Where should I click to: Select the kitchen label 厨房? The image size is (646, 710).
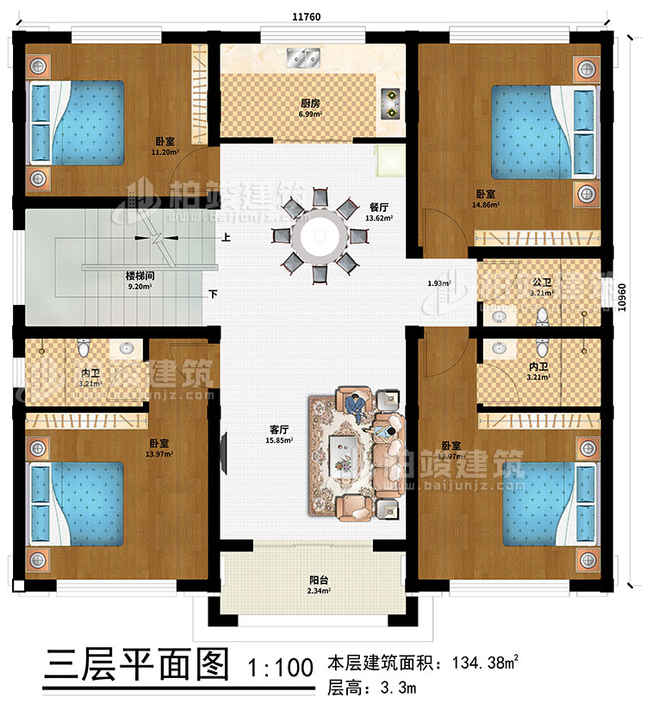(x=311, y=103)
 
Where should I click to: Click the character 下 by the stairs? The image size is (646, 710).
(x=211, y=294)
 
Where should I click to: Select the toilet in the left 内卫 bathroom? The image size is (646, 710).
(x=84, y=349)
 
